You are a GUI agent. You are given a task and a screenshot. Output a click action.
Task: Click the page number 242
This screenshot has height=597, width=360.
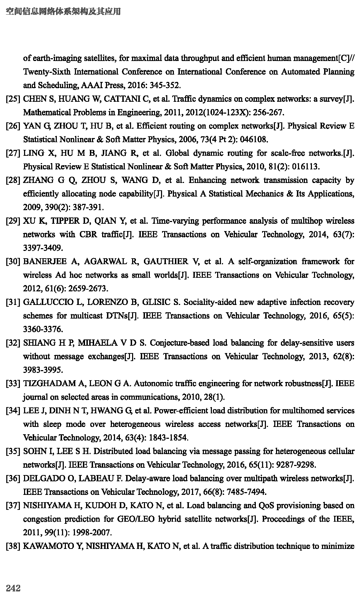(x=13, y=588)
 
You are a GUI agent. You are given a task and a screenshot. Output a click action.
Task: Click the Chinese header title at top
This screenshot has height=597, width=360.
(x=63, y=12)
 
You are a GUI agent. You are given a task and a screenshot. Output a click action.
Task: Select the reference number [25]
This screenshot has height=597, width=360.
(x=13, y=99)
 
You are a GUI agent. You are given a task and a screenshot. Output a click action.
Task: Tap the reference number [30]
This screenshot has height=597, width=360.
(x=13, y=262)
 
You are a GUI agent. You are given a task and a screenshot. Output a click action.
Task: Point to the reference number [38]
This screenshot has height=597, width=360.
(x=13, y=546)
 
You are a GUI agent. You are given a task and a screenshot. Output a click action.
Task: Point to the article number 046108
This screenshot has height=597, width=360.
(x=254, y=140)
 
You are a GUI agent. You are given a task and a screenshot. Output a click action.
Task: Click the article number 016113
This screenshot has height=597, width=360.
(x=305, y=167)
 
